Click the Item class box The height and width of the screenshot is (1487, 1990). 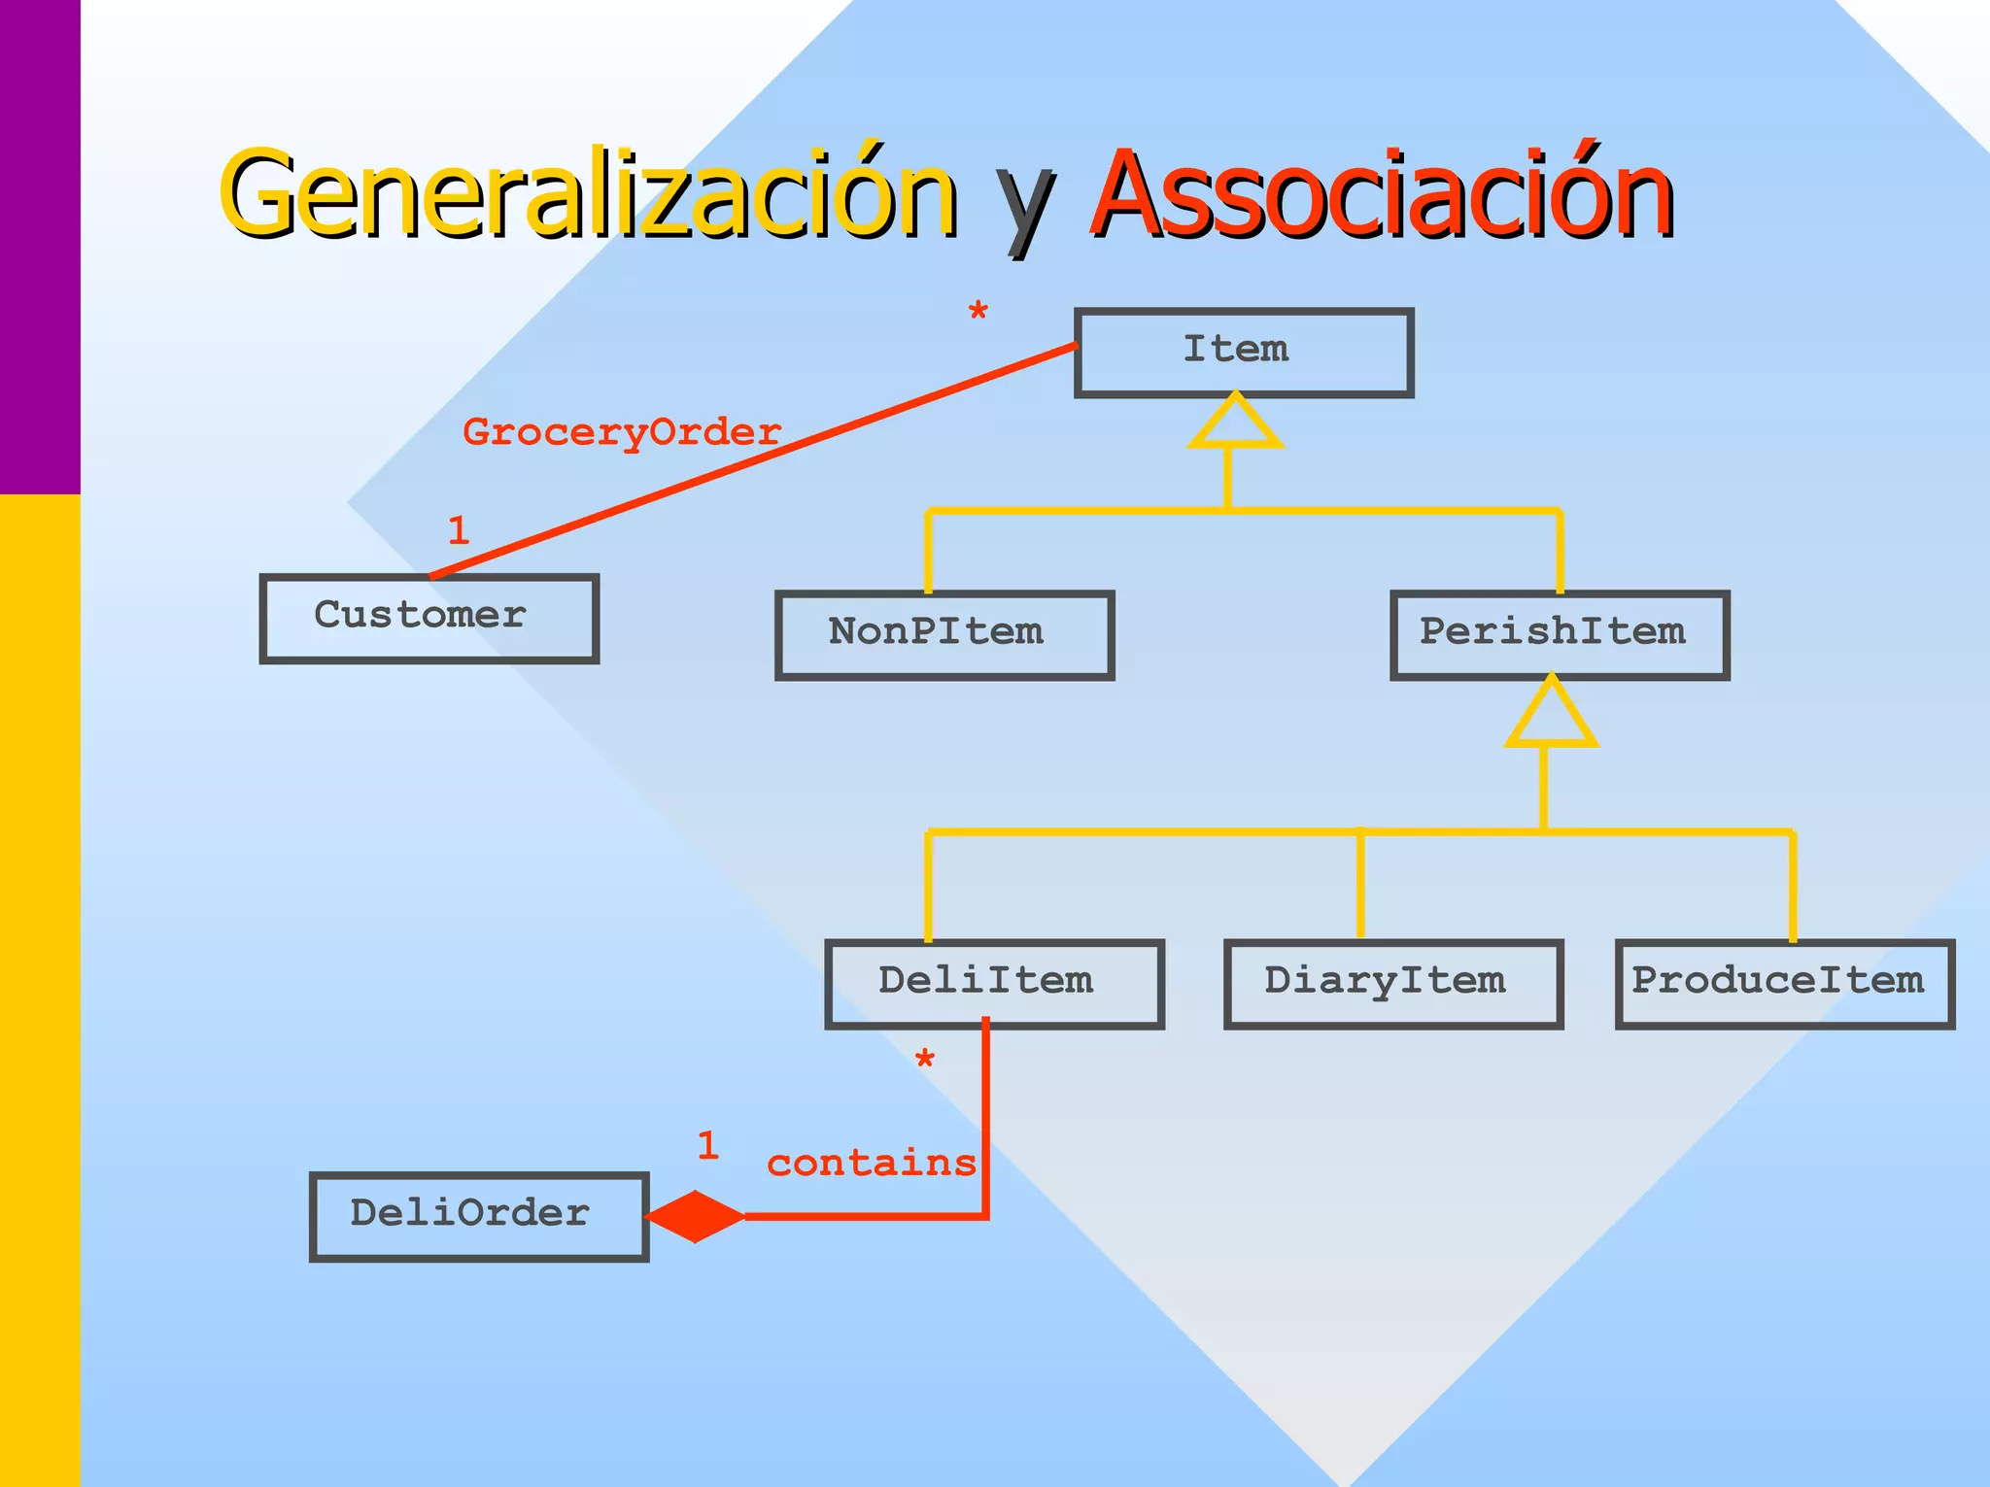[1243, 353]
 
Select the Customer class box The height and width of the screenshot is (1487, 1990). [429, 619]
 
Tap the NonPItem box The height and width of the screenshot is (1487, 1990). [944, 635]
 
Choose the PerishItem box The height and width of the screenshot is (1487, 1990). [1559, 635]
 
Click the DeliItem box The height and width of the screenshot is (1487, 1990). [993, 984]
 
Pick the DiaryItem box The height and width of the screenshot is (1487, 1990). [1392, 984]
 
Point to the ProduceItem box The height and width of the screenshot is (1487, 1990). [1784, 984]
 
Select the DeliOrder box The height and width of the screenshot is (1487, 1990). [478, 1217]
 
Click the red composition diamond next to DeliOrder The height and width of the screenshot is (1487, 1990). [695, 1216]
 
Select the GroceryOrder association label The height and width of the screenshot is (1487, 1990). [622, 432]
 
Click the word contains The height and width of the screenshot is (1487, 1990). [871, 1163]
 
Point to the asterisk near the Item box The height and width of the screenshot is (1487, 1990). [978, 313]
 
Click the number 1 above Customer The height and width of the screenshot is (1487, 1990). [459, 530]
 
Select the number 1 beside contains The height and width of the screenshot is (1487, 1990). [707, 1146]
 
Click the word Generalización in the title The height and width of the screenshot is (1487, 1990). [588, 194]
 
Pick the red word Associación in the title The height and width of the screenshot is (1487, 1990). [1381, 194]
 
